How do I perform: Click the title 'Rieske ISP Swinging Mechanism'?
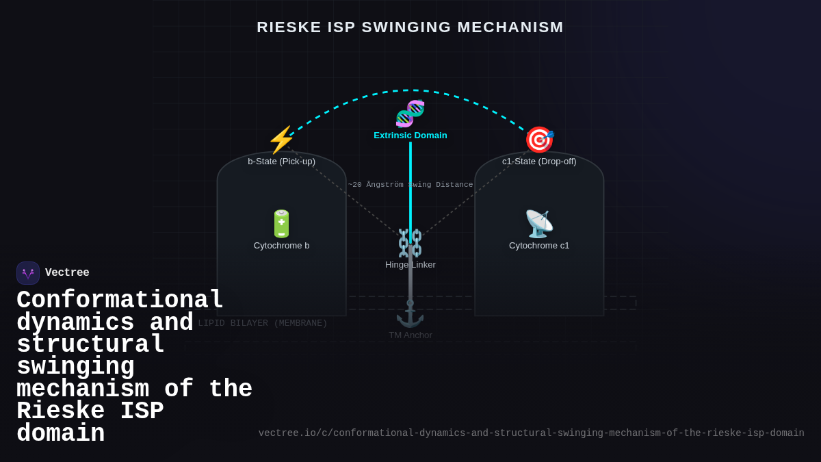[x=410, y=27]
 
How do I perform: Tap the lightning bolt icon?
[x=281, y=140]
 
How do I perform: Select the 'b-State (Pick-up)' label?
[x=281, y=162]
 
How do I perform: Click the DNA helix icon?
[x=410, y=114]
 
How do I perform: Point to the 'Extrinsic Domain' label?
[x=410, y=136]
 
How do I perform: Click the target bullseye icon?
[x=539, y=140]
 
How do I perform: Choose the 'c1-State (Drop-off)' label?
[x=539, y=162]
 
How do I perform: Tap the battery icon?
[x=281, y=224]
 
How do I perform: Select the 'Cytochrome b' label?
[x=281, y=246]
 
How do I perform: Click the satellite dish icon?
[x=539, y=224]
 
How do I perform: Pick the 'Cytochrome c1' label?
[x=539, y=246]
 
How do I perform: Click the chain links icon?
[x=410, y=243]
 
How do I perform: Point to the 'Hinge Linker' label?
[x=410, y=265]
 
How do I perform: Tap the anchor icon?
[x=410, y=313]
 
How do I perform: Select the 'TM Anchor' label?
[x=410, y=335]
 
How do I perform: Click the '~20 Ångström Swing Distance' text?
[x=410, y=185]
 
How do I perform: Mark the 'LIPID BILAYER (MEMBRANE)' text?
[x=263, y=323]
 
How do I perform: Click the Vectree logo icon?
[x=28, y=273]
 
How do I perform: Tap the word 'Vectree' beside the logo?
[x=67, y=273]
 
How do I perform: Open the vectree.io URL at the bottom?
[x=531, y=433]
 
